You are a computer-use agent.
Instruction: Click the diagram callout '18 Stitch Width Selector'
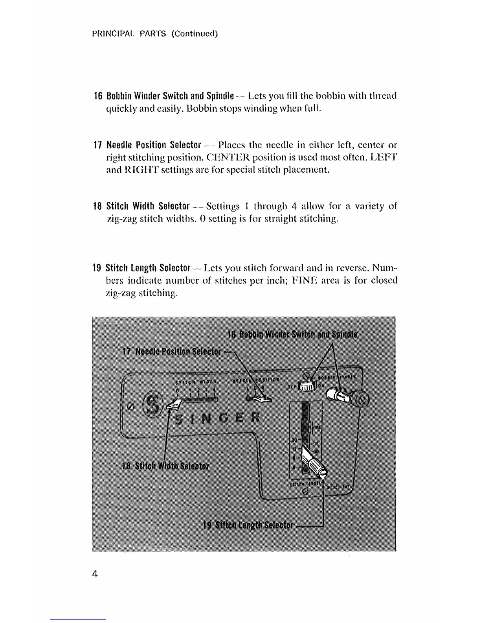(x=165, y=466)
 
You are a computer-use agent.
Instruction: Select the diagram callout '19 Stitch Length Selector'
(x=248, y=525)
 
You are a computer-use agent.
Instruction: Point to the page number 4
(x=95, y=574)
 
